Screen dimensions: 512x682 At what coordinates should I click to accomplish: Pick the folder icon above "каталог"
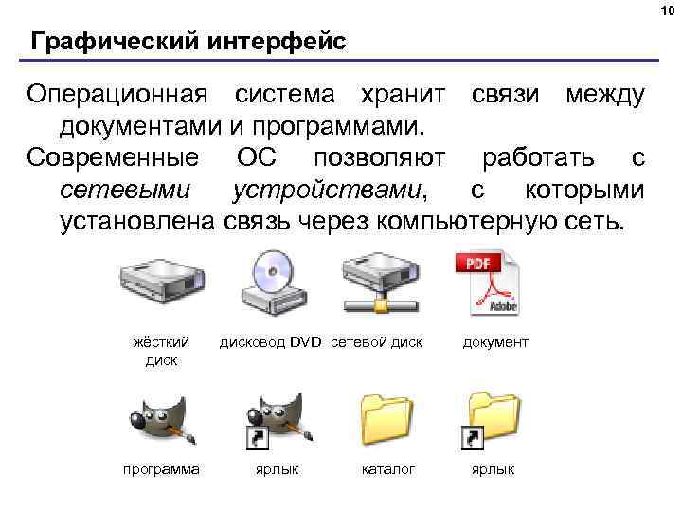pyautogui.click(x=387, y=418)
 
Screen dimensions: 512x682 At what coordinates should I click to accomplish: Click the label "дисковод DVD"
pyautogui.click(x=272, y=342)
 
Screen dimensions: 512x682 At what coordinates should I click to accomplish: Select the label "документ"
pyautogui.click(x=496, y=342)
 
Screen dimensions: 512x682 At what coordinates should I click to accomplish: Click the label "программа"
pyautogui.click(x=161, y=468)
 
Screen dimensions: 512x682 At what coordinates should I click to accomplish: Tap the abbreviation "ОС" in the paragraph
pyautogui.click(x=255, y=157)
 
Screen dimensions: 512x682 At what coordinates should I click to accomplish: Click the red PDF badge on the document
pyautogui.click(x=477, y=264)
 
